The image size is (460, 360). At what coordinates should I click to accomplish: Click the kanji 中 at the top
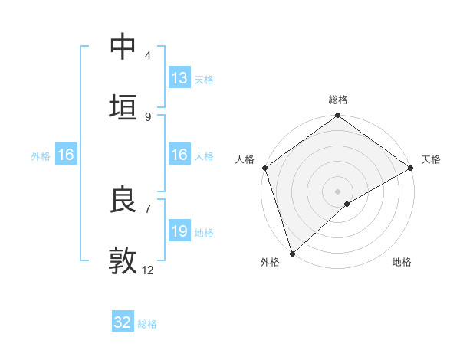click(123, 47)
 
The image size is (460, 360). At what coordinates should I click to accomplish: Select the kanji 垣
click(123, 107)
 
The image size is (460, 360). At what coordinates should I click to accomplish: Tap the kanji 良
click(123, 200)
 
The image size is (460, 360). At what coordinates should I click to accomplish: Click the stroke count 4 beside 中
click(147, 56)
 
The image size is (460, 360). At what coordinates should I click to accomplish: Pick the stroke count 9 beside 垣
click(147, 117)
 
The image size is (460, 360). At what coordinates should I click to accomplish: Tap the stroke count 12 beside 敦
click(148, 270)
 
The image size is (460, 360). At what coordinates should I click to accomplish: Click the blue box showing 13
click(179, 78)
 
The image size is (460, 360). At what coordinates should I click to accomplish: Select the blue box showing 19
click(179, 231)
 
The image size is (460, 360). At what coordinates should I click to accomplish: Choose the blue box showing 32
click(122, 322)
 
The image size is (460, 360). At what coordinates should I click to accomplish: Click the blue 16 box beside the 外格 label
click(65, 155)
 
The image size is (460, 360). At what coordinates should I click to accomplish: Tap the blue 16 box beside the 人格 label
click(179, 155)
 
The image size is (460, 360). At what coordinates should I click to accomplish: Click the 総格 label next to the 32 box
click(147, 324)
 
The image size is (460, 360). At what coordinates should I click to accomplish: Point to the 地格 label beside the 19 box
click(204, 233)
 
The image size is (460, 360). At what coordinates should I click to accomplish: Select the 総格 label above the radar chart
click(338, 100)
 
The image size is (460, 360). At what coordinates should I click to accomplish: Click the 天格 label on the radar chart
click(431, 159)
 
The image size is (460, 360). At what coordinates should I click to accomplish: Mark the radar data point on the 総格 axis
click(338, 116)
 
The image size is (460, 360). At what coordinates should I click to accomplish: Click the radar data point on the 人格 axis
click(264, 168)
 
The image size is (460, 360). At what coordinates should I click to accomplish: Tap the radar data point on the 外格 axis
click(292, 253)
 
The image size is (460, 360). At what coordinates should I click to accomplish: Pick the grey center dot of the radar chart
click(338, 191)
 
